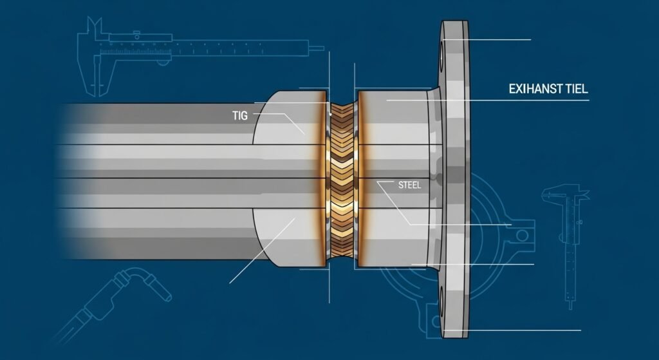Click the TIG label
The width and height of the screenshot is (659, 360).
coord(239,116)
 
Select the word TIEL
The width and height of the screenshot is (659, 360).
coord(574,90)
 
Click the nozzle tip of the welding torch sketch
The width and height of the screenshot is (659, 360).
coord(165,295)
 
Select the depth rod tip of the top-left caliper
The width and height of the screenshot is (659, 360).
coord(317,46)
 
